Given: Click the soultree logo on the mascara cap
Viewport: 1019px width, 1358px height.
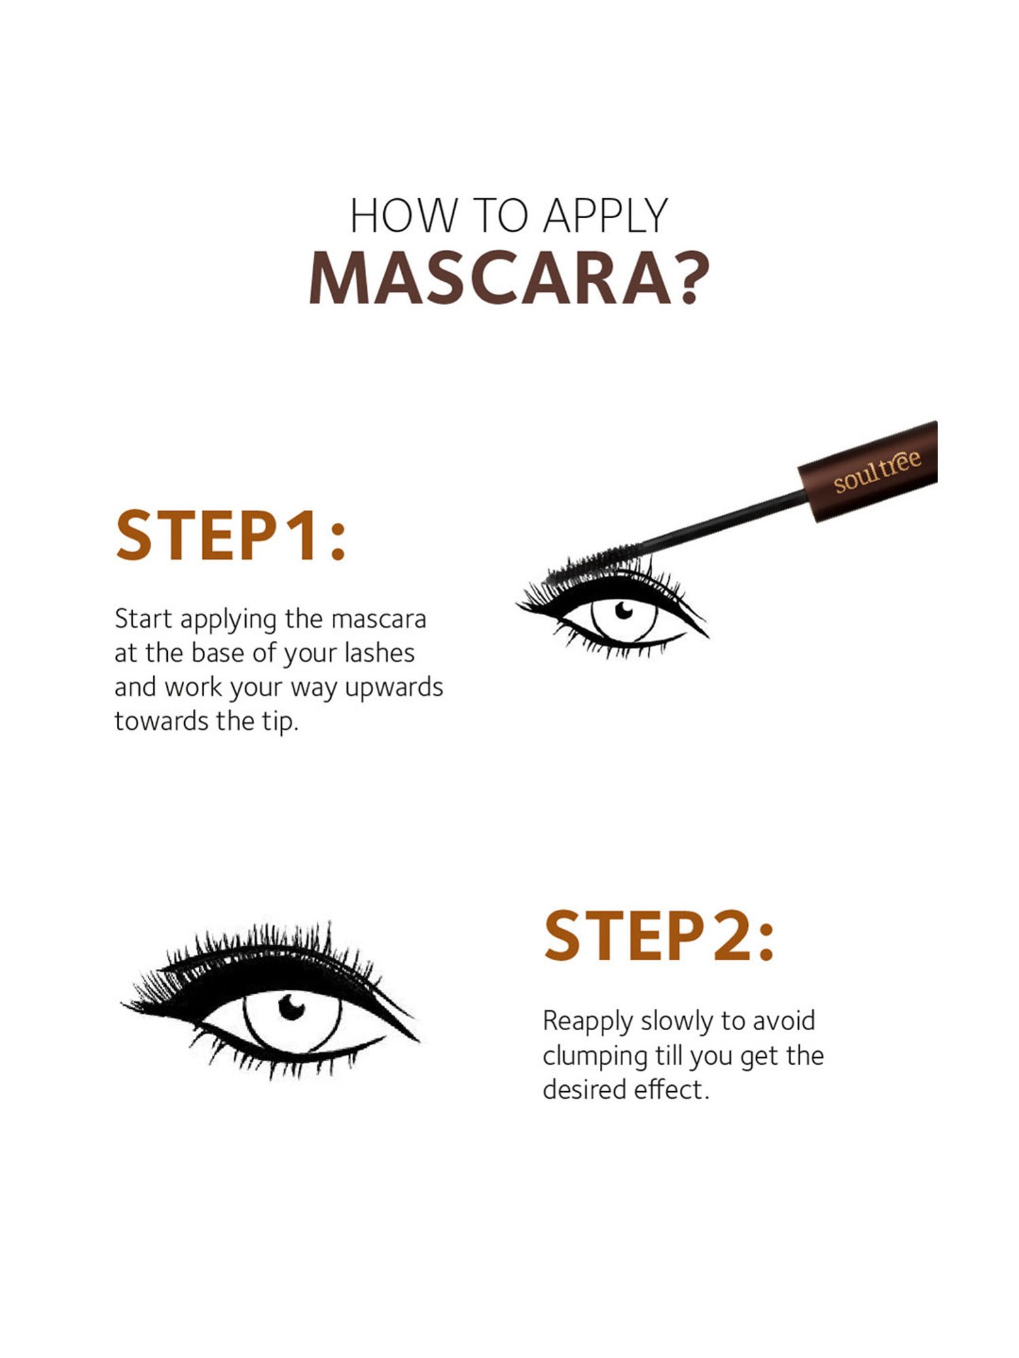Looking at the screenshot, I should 877,471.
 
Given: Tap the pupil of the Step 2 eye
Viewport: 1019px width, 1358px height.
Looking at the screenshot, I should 291,1007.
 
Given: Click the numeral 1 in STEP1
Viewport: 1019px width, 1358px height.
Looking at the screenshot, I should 298,536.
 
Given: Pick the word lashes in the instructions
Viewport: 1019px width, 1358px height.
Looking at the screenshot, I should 379,653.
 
